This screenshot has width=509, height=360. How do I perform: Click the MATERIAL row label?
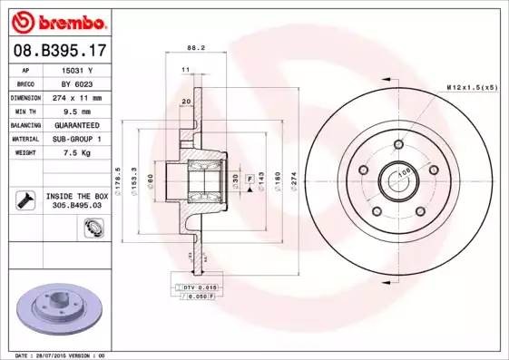(25, 139)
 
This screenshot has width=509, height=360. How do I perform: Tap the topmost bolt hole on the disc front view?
(399, 144)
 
